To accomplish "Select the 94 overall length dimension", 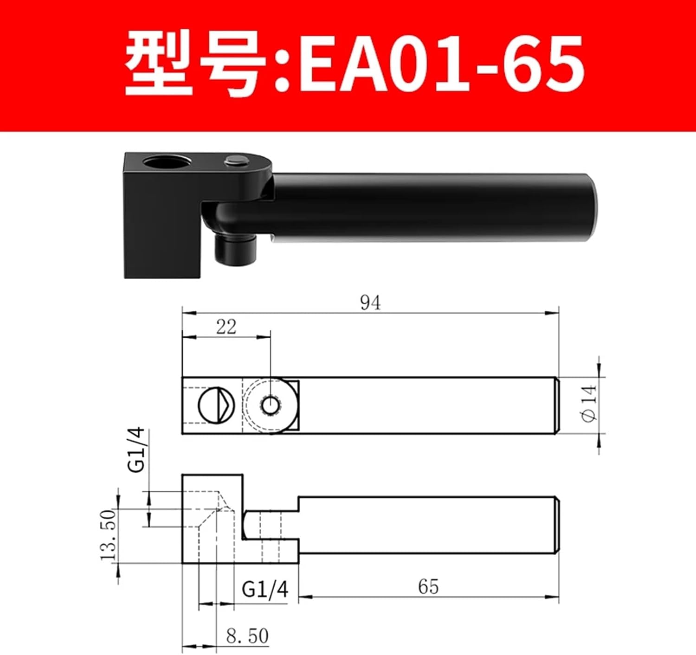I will pos(370,303).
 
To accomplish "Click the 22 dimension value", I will pos(226,327).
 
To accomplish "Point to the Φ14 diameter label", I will pos(589,404).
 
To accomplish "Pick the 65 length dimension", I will pos(428,587).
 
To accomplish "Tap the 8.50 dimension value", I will pos(247,636).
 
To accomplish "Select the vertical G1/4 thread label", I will pos(137,450).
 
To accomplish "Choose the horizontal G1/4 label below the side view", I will pos(265,590).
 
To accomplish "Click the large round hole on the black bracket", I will pos(166,164).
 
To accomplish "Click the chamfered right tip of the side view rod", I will pos(556,525).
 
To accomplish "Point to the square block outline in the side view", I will pos(212,519).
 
